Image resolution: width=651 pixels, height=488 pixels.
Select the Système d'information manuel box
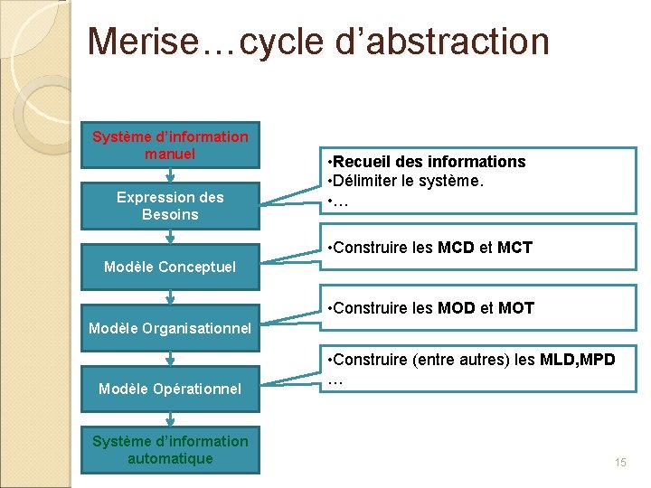coord(170,145)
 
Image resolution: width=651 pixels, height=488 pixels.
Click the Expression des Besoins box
coord(170,206)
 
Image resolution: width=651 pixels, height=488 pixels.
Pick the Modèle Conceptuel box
coord(170,267)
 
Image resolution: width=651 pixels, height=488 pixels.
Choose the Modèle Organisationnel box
coord(170,328)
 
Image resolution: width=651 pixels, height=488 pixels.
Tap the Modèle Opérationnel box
coord(170,389)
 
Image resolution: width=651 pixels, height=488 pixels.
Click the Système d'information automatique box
coord(170,450)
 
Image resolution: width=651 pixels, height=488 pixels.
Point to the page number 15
coord(620,463)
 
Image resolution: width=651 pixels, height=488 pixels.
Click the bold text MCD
coord(458,248)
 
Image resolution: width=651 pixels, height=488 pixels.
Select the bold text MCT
coord(514,248)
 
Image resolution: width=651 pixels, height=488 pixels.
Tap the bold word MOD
coord(458,308)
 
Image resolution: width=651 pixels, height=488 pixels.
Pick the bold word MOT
coord(515,308)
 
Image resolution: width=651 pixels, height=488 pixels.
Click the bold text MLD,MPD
coord(578,361)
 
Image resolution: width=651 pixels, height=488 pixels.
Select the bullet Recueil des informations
coord(429,162)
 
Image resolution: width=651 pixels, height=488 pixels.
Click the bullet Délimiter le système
coord(409,182)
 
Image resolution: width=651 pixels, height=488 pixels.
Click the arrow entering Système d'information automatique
coord(170,419)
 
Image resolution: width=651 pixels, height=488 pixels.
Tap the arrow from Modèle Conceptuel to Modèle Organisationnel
coord(170,297)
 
